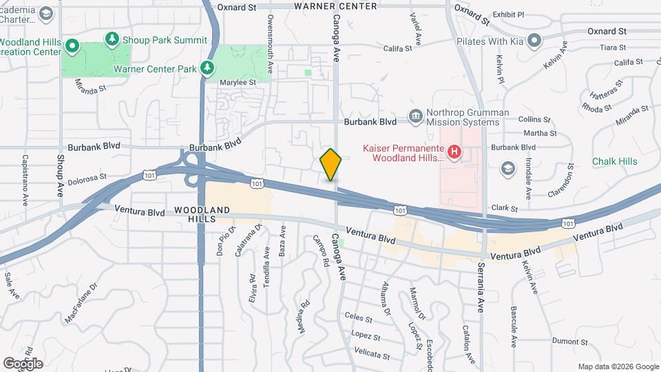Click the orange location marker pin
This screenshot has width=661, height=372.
(x=330, y=165)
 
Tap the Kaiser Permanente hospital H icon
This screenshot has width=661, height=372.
(x=454, y=152)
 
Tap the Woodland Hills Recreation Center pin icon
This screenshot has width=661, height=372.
(x=74, y=47)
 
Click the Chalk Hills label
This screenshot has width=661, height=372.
(x=614, y=161)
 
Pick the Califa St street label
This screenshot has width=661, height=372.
(x=397, y=48)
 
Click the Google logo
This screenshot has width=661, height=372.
(x=23, y=363)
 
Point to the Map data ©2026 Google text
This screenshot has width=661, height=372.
(x=618, y=366)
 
